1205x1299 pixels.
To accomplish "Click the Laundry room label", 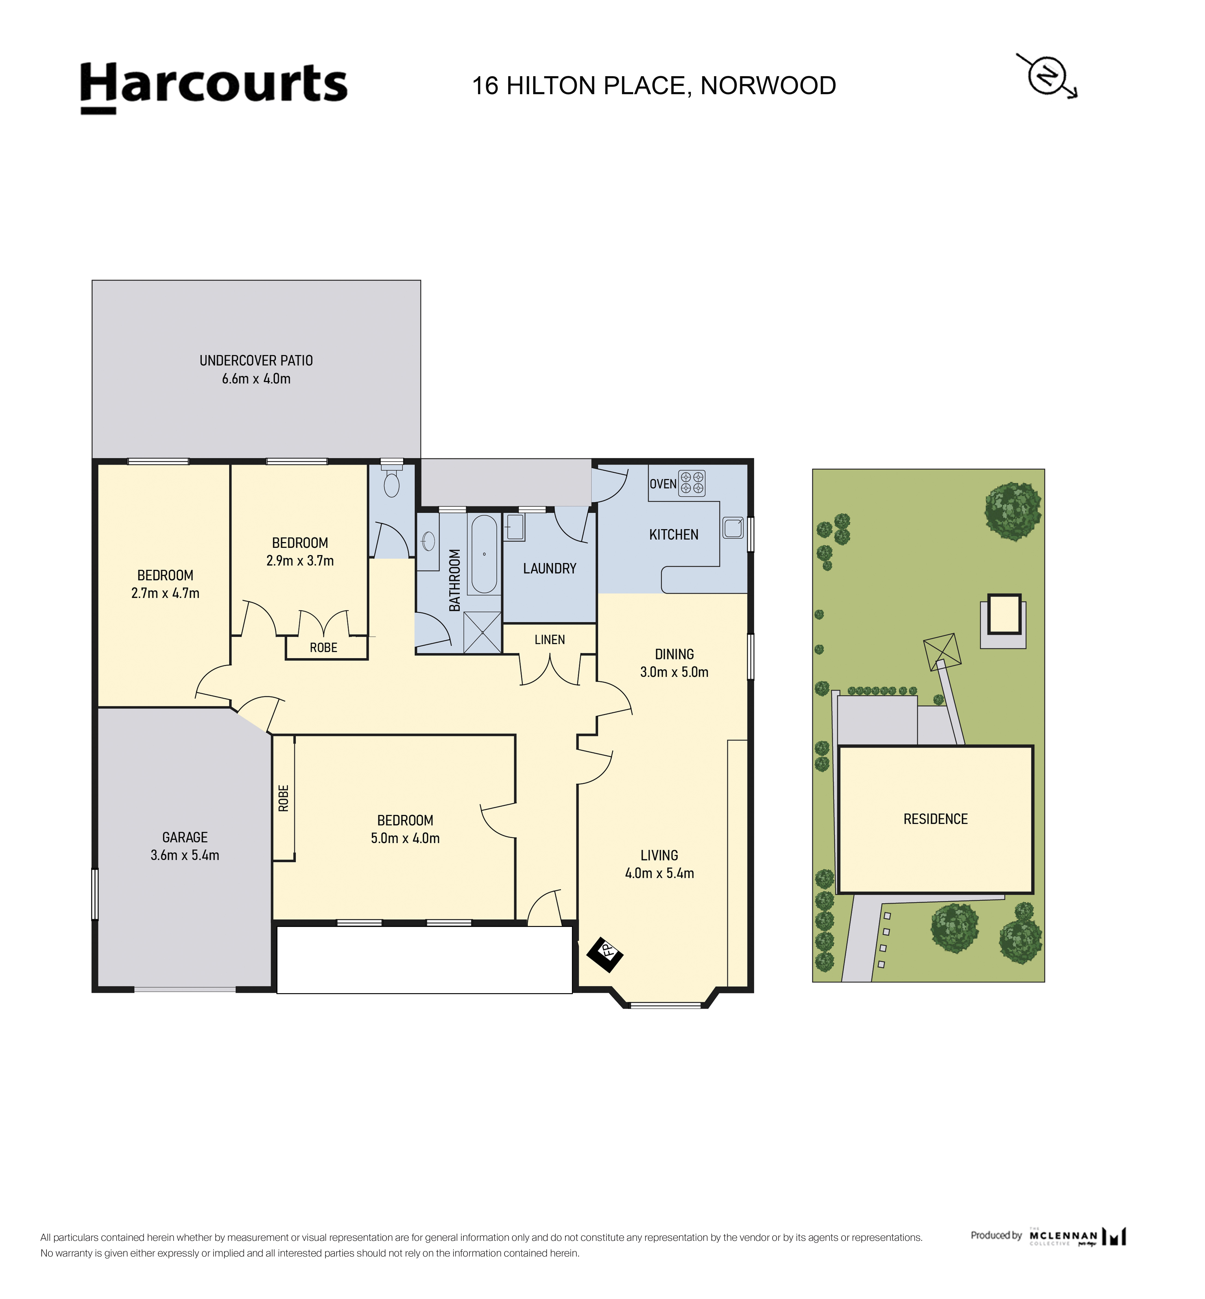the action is coord(550,568).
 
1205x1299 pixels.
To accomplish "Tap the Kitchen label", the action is coord(674,534).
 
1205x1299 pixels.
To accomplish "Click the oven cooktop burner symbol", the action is coord(692,483).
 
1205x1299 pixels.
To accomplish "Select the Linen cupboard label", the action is coord(550,639).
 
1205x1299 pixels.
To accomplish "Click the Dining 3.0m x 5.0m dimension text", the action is coord(674,672).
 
